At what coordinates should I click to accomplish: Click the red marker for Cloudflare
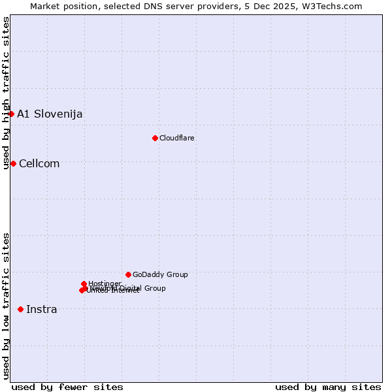point(155,138)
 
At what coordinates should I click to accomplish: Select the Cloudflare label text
point(177,138)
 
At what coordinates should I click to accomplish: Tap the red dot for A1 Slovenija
point(11,114)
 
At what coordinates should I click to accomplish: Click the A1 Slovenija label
point(50,114)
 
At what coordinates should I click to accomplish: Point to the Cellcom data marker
point(13,163)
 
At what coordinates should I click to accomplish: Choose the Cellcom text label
point(39,163)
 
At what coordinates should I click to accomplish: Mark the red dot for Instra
point(21,309)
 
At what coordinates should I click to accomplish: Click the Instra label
point(42,309)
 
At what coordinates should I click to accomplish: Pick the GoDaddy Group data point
point(128,274)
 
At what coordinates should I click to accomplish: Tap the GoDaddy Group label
point(160,274)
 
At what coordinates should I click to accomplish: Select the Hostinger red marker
point(84,284)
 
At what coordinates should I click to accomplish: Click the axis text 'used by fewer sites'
point(67,387)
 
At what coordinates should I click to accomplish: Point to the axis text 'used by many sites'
point(328,387)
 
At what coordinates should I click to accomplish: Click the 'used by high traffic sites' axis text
point(6,93)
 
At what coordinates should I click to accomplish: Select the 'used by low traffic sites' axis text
point(6,306)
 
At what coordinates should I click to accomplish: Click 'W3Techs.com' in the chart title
point(334,6)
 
